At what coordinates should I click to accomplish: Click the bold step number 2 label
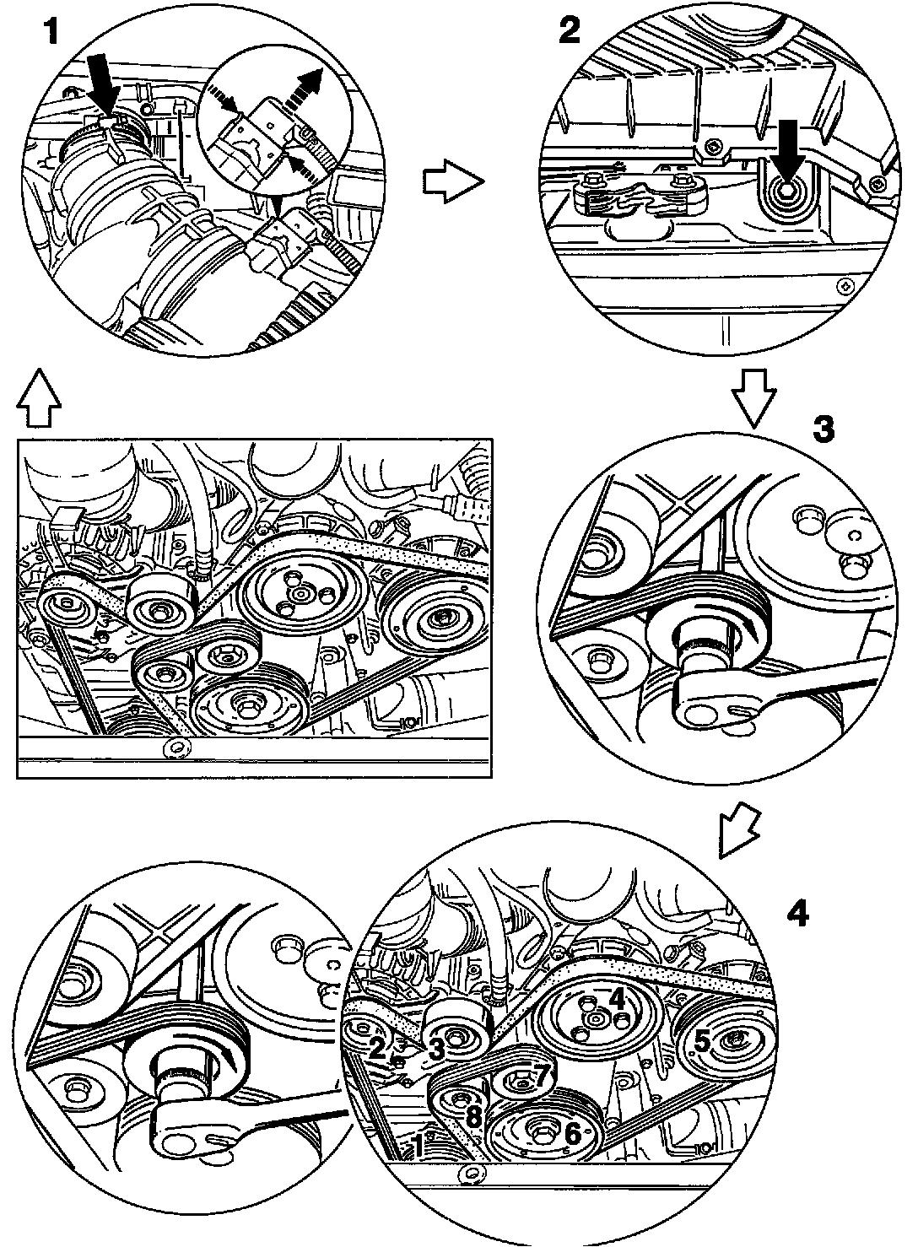[570, 30]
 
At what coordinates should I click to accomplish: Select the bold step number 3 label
[823, 429]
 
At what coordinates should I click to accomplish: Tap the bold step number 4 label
[797, 914]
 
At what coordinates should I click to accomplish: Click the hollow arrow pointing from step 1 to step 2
[453, 181]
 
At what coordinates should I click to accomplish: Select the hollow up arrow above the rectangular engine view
[39, 397]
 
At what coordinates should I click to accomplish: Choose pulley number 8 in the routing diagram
[460, 1113]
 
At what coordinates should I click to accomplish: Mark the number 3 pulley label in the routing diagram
[436, 1051]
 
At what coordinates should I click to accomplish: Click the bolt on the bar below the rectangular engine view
[174, 749]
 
